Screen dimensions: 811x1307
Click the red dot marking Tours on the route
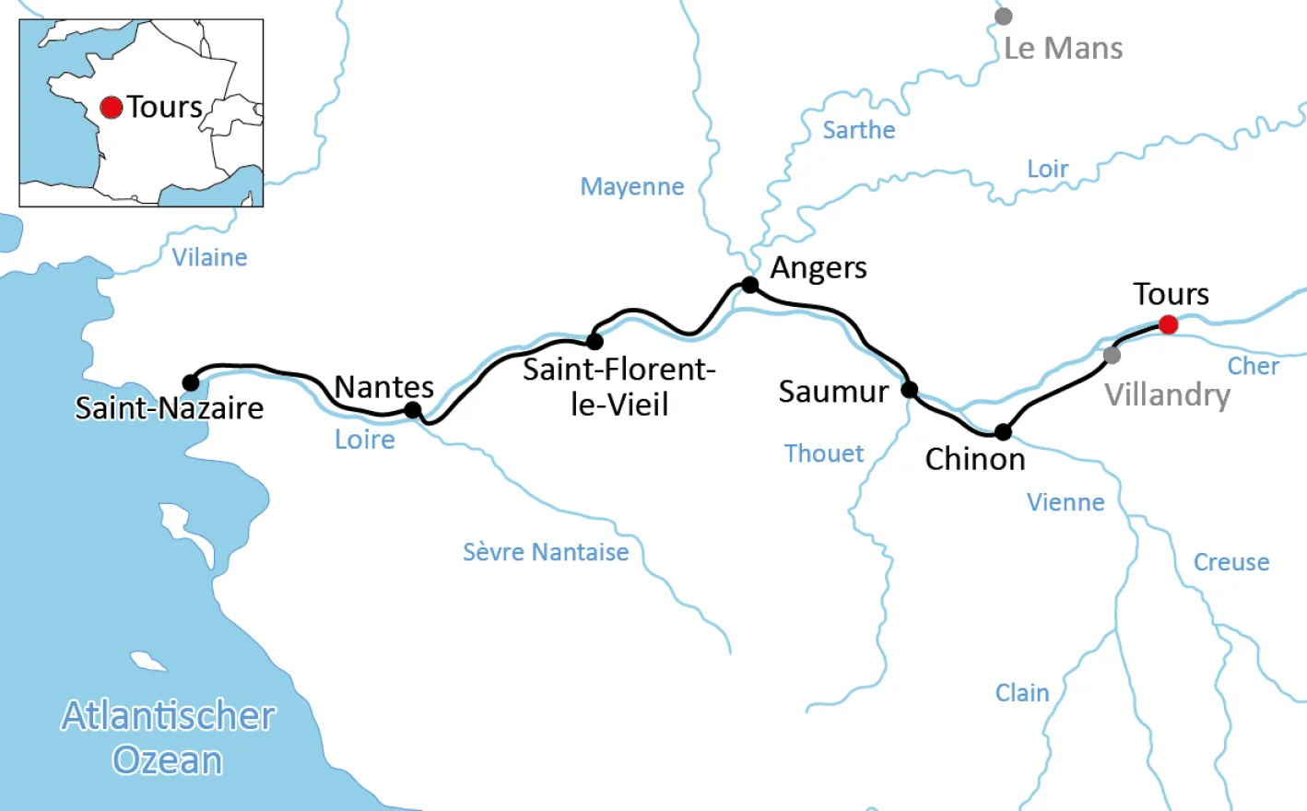click(x=1168, y=324)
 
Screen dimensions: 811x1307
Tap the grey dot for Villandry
click(x=1112, y=355)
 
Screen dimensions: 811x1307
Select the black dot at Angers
click(x=750, y=285)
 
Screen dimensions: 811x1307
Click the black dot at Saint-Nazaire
click(x=191, y=382)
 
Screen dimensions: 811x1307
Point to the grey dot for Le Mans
click(x=1004, y=17)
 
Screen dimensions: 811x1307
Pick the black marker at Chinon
click(x=1003, y=431)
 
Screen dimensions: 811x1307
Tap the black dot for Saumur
click(x=909, y=390)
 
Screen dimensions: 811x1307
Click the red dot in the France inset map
click(x=112, y=108)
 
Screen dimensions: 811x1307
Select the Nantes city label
click(x=383, y=387)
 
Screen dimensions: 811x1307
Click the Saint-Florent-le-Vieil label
click(x=618, y=387)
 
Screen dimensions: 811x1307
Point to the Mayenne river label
click(x=631, y=187)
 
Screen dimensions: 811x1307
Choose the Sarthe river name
click(x=858, y=130)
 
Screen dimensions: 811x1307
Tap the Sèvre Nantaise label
click(x=546, y=552)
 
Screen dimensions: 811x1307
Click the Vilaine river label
click(x=209, y=258)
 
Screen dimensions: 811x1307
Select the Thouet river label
click(x=823, y=453)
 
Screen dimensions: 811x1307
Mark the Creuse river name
click(x=1230, y=562)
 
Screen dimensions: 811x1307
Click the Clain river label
click(x=1021, y=693)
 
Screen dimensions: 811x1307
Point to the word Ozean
click(x=167, y=761)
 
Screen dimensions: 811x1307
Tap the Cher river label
click(x=1253, y=367)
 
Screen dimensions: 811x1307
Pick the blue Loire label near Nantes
click(x=364, y=440)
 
